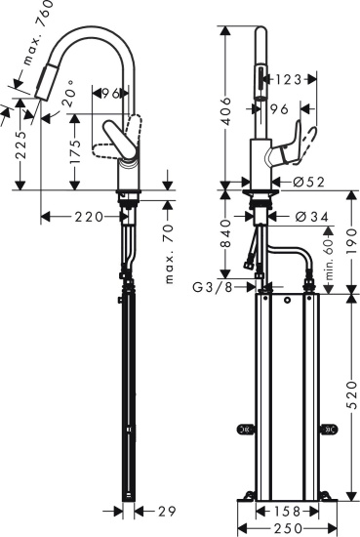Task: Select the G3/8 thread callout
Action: click(216, 288)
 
